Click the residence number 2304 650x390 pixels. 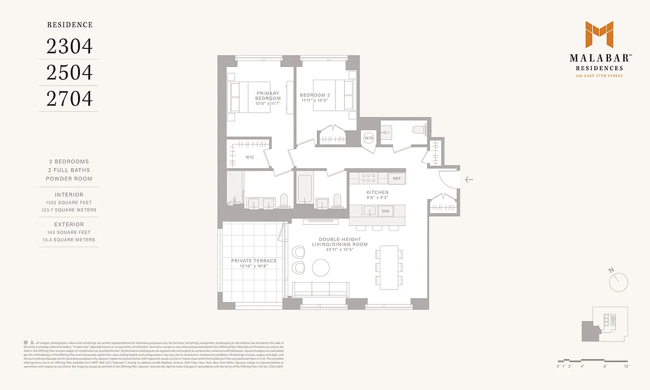pyautogui.click(x=69, y=46)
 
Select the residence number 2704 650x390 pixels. pyautogui.click(x=69, y=99)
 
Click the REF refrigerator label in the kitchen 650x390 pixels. pyautogui.click(x=397, y=179)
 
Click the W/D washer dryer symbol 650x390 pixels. pyautogui.click(x=368, y=138)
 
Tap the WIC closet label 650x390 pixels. pyautogui.click(x=250, y=157)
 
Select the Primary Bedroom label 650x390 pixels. pyautogui.click(x=268, y=96)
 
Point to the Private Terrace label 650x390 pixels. pyautogui.click(x=254, y=261)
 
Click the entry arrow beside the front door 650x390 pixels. pyautogui.click(x=469, y=180)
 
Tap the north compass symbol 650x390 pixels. pyautogui.click(x=618, y=281)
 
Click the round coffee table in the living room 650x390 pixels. pyautogui.click(x=321, y=267)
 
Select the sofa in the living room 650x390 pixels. pyautogui.click(x=320, y=289)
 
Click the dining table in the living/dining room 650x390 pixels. pyautogui.click(x=389, y=267)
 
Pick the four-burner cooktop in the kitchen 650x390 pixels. pyautogui.click(x=368, y=178)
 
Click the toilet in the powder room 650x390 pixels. pyautogui.click(x=419, y=130)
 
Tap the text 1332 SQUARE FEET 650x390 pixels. pyautogui.click(x=69, y=202)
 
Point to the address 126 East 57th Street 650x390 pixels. pyautogui.click(x=599, y=76)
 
